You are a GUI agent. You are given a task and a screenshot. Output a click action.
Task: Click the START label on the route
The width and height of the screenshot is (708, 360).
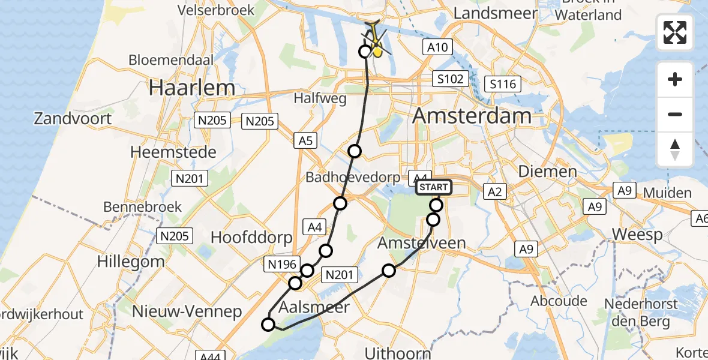[433, 187]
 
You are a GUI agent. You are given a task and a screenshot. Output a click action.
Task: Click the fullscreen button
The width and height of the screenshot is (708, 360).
[675, 32]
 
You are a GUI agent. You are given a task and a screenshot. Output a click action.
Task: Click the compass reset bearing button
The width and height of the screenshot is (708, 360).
[675, 149]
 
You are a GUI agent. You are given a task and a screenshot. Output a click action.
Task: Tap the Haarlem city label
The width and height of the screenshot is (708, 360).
[192, 88]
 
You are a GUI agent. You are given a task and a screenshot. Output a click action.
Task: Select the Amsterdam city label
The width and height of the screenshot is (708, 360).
[472, 116]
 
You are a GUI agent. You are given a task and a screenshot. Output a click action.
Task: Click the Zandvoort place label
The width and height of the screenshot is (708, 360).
[73, 118]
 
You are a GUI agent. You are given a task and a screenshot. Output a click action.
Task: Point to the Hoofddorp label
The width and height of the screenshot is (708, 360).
[251, 237]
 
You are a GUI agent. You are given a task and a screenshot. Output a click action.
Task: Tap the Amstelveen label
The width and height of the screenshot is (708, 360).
[422, 243]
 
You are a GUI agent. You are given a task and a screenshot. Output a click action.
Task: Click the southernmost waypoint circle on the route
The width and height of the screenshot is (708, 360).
[268, 325]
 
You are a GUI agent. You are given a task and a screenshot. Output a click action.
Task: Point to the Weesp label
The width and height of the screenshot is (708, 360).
[637, 234]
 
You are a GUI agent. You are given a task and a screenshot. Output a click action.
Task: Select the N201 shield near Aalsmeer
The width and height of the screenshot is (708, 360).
[340, 275]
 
